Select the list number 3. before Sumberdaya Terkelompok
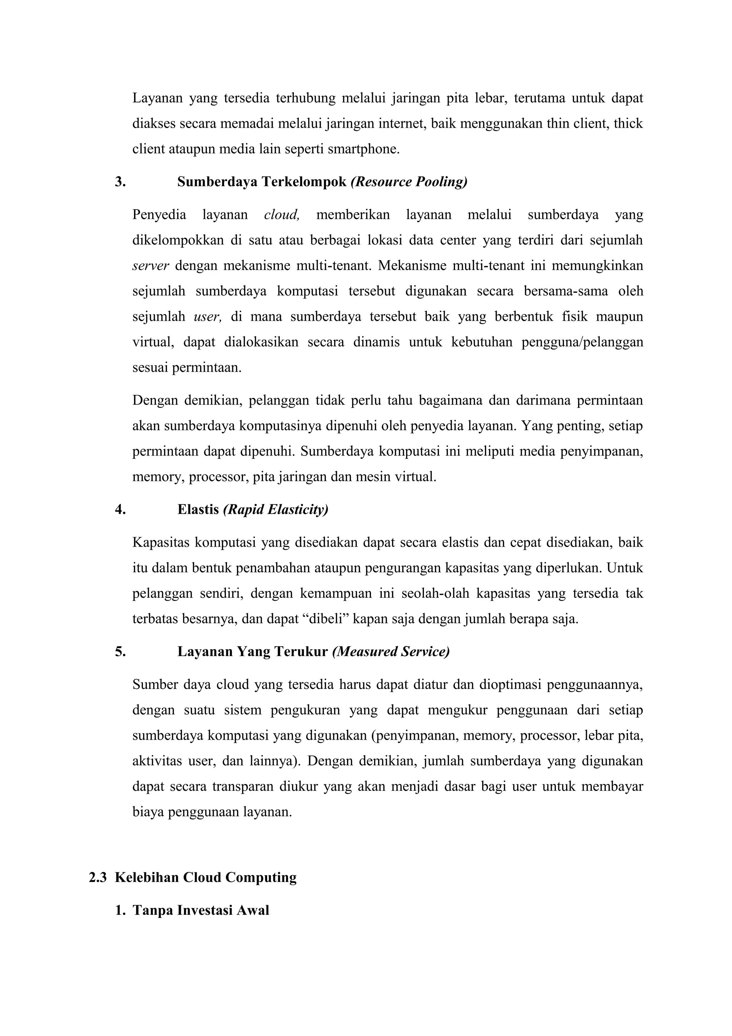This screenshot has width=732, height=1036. [120, 182]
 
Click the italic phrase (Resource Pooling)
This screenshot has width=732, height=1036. [409, 182]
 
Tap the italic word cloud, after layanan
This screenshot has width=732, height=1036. [281, 214]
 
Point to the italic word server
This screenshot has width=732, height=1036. [150, 265]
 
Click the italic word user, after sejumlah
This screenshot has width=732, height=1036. [207, 316]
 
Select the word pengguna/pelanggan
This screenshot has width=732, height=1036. [582, 342]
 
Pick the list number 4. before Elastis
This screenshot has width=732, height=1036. [120, 509]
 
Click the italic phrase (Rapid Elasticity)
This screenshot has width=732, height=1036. [276, 509]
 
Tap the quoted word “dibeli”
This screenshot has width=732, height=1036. [325, 618]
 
